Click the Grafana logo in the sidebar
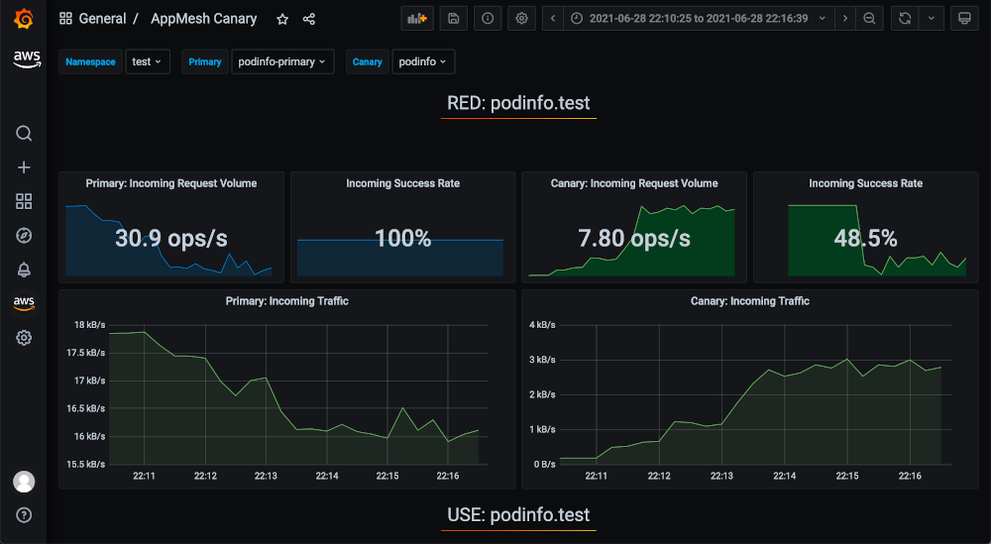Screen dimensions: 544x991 point(24,19)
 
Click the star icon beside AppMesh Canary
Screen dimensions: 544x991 point(282,19)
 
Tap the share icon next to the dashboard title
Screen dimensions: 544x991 point(309,19)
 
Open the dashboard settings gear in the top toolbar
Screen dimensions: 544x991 point(521,18)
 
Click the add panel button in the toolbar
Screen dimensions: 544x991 point(417,18)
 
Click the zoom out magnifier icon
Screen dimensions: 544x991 point(869,18)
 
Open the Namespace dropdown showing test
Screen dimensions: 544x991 point(148,61)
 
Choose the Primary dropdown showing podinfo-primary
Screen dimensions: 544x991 point(281,61)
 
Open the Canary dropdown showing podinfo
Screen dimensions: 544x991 point(423,61)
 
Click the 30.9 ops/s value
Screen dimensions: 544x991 point(171,239)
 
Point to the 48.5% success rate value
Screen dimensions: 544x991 point(866,239)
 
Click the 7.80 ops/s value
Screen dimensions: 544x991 point(634,239)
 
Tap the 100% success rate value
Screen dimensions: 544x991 point(402,239)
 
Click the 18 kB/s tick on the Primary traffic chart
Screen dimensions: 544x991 point(88,325)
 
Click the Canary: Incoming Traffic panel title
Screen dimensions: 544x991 point(749,301)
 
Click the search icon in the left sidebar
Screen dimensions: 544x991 point(24,133)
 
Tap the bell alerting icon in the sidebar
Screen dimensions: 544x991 point(24,270)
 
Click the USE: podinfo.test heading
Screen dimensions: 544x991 point(518,515)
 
